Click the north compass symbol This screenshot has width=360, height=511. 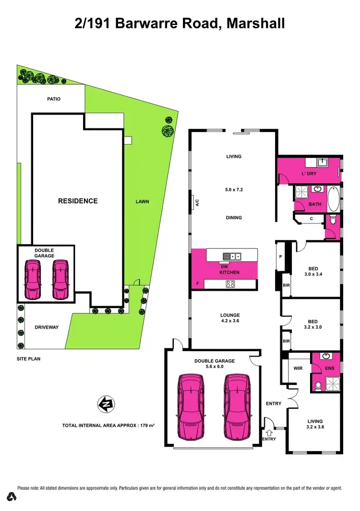[x=105, y=404]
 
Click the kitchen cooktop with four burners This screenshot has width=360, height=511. [x=230, y=284]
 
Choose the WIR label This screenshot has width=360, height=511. [x=298, y=368]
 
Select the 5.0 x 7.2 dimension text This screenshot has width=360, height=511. [x=234, y=190]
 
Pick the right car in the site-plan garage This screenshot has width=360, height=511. [x=60, y=280]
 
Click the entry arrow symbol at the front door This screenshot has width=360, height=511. [x=269, y=433]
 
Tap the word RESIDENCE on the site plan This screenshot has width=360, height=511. [x=78, y=201]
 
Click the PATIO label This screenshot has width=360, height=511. [x=54, y=99]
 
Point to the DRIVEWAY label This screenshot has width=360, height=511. [x=47, y=327]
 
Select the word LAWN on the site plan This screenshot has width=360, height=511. [x=142, y=202]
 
